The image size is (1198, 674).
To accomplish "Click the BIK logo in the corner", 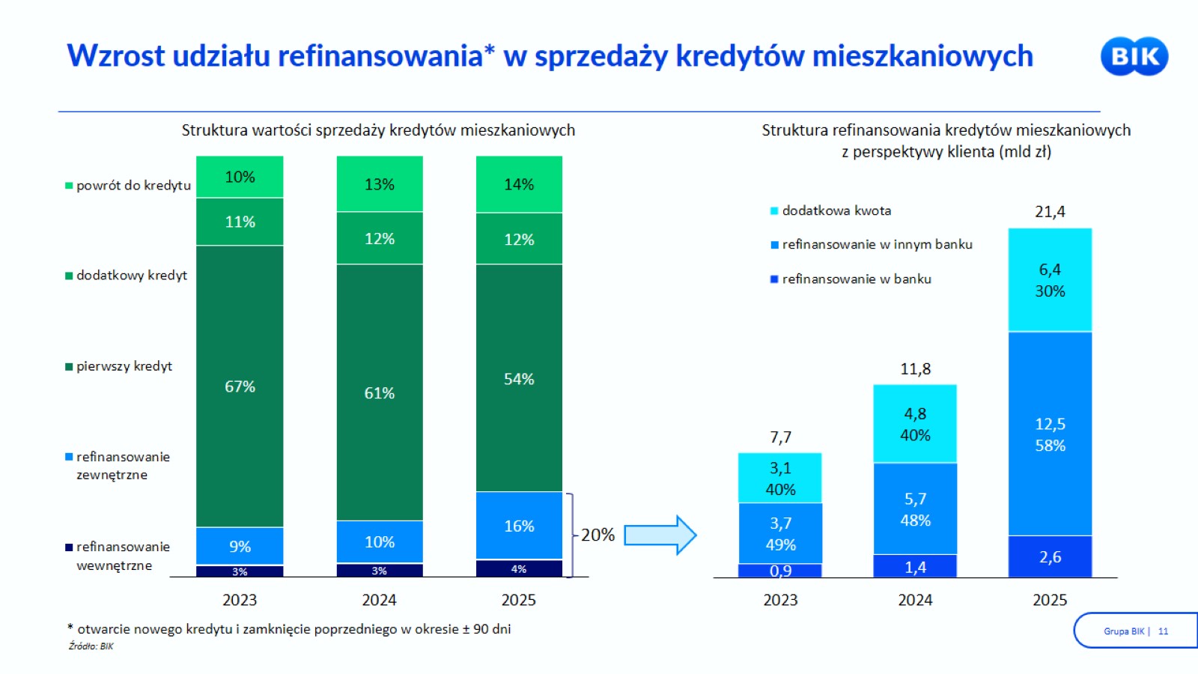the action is tap(1134, 56).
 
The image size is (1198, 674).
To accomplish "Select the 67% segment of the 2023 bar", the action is tap(240, 386).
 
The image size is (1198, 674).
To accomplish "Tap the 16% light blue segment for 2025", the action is tap(519, 526).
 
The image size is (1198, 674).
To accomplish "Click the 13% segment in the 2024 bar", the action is tap(379, 184).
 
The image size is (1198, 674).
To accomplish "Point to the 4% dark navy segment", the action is tap(519, 568).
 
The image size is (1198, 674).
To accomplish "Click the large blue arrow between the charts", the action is tap(660, 535).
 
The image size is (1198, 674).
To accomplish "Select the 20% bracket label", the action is tap(598, 535).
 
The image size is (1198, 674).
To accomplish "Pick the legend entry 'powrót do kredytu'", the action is tap(128, 186).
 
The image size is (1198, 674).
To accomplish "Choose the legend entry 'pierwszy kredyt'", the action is tap(119, 366).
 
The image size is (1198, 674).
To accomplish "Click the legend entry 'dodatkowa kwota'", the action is tap(830, 210).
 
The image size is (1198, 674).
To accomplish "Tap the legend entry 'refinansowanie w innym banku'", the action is tap(872, 244).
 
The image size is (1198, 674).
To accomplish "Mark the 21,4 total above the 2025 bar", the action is tap(1050, 212).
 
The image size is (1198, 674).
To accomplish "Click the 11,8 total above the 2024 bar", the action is tap(915, 368).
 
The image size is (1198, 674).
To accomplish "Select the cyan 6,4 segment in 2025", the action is tap(1050, 280).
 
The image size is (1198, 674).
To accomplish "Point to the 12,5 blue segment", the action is tap(1050, 434).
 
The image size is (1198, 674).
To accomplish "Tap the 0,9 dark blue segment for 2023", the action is tap(779, 571).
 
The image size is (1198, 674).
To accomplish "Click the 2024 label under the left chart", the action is tap(379, 600).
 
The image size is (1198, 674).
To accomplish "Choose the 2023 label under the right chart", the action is tap(779, 600).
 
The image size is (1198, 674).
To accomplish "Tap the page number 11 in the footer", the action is tap(1163, 631).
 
